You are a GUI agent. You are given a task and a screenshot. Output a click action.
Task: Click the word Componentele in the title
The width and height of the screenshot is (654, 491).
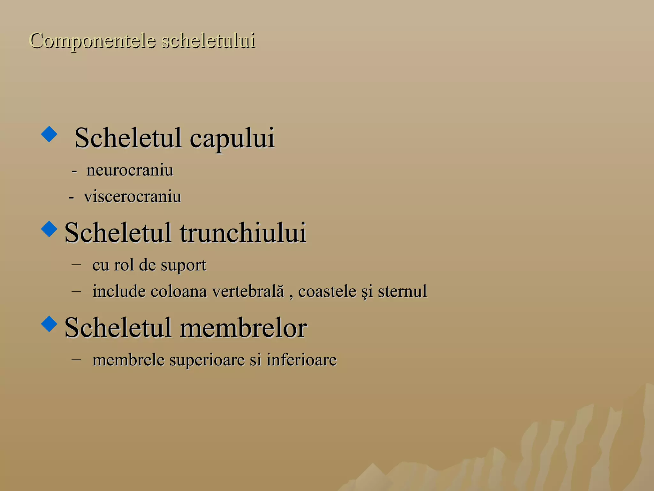point(93,41)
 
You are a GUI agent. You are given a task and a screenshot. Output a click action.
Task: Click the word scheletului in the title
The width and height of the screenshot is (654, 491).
point(208,41)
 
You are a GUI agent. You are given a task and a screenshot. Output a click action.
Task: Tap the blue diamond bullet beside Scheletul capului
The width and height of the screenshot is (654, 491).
point(49,134)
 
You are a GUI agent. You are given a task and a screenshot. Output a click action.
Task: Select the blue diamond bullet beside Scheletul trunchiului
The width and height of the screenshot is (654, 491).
point(49,229)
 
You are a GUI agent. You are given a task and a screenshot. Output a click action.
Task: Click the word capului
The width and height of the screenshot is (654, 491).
point(232,138)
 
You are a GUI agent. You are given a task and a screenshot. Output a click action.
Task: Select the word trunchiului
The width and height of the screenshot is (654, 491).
point(243,233)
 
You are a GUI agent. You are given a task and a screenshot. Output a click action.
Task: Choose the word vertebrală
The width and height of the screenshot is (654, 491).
point(248,291)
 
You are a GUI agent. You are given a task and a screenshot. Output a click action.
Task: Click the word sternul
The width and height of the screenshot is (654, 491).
point(402,291)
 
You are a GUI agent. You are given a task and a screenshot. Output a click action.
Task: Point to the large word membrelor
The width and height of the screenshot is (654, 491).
point(243,328)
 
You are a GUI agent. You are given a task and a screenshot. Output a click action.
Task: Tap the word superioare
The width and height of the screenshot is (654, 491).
point(207,360)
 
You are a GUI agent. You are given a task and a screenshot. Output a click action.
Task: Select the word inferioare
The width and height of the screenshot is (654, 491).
point(301,360)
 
